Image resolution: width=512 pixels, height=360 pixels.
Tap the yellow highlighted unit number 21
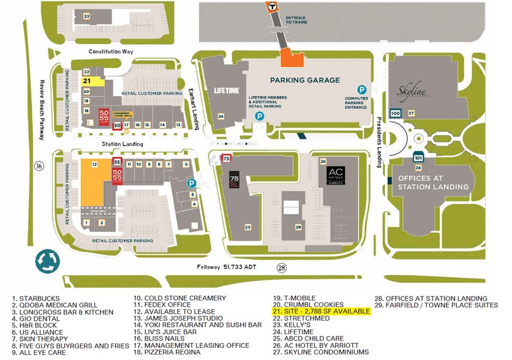coord(87,81)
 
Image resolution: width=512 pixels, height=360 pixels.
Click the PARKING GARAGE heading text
coord(305,80)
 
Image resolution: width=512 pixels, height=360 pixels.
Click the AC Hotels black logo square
coord(336,174)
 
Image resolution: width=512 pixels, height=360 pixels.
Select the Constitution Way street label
coord(111,52)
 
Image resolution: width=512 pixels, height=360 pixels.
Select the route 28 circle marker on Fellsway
coord(281,268)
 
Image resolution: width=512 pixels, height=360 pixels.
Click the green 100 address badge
coord(395,113)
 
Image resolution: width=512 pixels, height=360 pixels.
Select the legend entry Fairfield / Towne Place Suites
coord(436,305)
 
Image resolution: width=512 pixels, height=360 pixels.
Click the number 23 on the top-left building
coord(86,16)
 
